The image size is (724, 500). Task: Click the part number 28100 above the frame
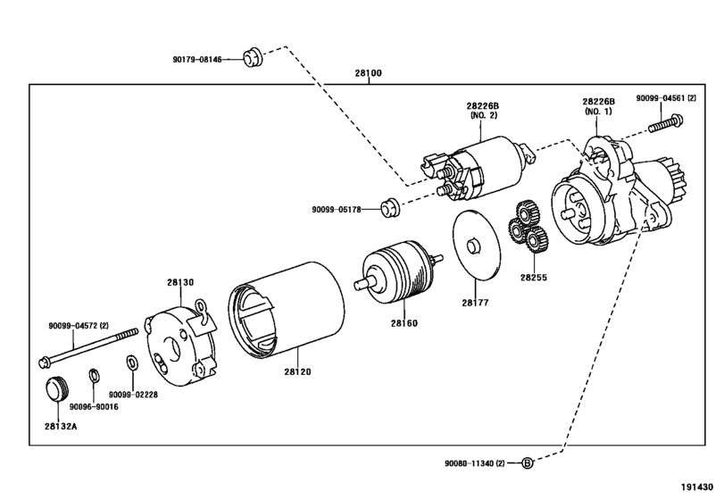(x=368, y=73)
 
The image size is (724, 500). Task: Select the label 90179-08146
(x=197, y=60)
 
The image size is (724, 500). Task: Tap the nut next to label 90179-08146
(x=253, y=57)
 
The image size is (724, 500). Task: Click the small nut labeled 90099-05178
(x=390, y=207)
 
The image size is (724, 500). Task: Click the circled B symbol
(x=528, y=462)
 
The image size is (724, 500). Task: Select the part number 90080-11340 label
(x=475, y=463)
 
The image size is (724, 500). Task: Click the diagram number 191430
(x=697, y=487)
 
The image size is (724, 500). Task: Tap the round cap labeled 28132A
(x=57, y=389)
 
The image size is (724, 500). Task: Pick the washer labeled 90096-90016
(x=94, y=376)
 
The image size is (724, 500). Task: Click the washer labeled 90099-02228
(x=131, y=362)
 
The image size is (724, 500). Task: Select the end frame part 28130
(x=181, y=344)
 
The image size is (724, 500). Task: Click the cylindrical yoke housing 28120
(x=287, y=310)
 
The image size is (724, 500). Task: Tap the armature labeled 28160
(x=398, y=271)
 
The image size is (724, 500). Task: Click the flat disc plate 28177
(x=476, y=245)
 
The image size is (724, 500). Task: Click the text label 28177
(x=475, y=303)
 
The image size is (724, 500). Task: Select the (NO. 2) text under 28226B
(x=484, y=115)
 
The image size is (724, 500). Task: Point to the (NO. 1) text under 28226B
(x=598, y=112)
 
